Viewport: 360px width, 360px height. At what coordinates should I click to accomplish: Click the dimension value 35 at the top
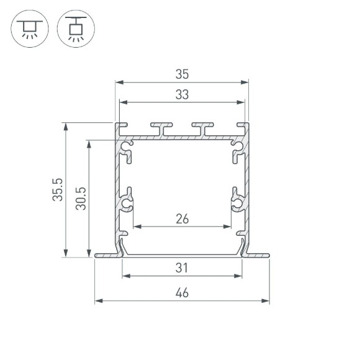click(182, 74)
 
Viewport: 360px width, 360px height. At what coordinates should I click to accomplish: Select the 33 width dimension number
click(182, 95)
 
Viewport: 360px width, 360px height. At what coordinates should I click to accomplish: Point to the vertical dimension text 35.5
click(58, 189)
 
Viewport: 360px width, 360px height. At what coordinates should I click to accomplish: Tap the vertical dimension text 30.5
click(81, 198)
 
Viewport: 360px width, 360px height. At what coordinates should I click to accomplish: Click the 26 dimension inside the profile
click(182, 218)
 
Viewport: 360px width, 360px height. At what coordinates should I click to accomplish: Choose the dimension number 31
click(182, 268)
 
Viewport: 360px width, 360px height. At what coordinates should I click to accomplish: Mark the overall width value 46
click(182, 293)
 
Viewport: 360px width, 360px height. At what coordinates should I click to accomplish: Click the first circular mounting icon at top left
click(28, 29)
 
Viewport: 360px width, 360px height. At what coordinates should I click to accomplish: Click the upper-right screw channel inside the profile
click(238, 148)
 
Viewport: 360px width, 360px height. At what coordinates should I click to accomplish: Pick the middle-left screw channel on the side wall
click(127, 203)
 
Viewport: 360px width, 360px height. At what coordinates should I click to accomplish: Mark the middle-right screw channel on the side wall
click(238, 203)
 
